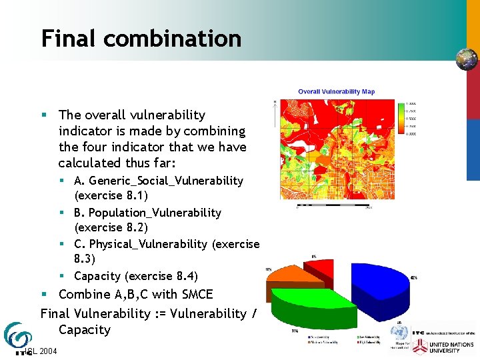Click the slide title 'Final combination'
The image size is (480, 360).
[x=141, y=38]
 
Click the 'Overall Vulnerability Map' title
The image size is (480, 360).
[x=336, y=91]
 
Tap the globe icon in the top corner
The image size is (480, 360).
[x=467, y=59]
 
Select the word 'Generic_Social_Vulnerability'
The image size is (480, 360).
[x=166, y=181]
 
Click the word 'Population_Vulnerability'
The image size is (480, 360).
[x=155, y=213]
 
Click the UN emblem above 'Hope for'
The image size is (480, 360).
[x=400, y=334]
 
